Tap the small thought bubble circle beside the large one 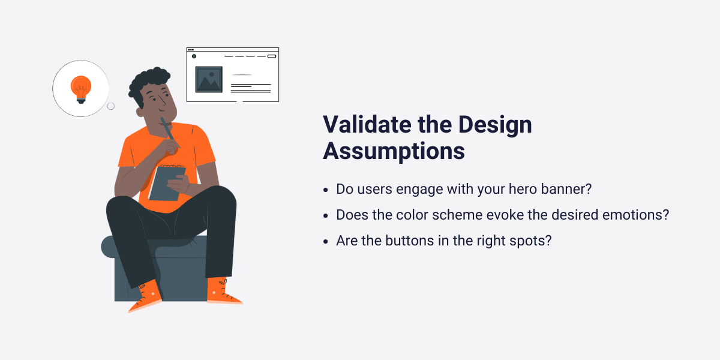coord(110,106)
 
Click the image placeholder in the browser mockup coord(209,79)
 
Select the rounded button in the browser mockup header coord(271,56)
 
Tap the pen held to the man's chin coord(170,133)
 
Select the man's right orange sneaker coord(223,292)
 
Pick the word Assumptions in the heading coord(394,151)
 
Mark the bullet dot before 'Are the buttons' coord(325,241)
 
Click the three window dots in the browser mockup coord(191,50)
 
